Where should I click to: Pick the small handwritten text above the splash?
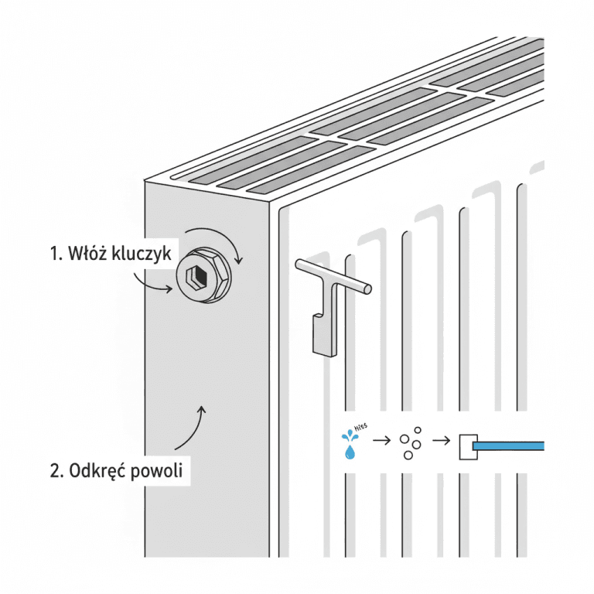point(359,426)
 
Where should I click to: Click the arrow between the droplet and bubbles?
point(381,442)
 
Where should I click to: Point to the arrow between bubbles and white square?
point(441,442)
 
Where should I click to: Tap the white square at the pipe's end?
point(466,446)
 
